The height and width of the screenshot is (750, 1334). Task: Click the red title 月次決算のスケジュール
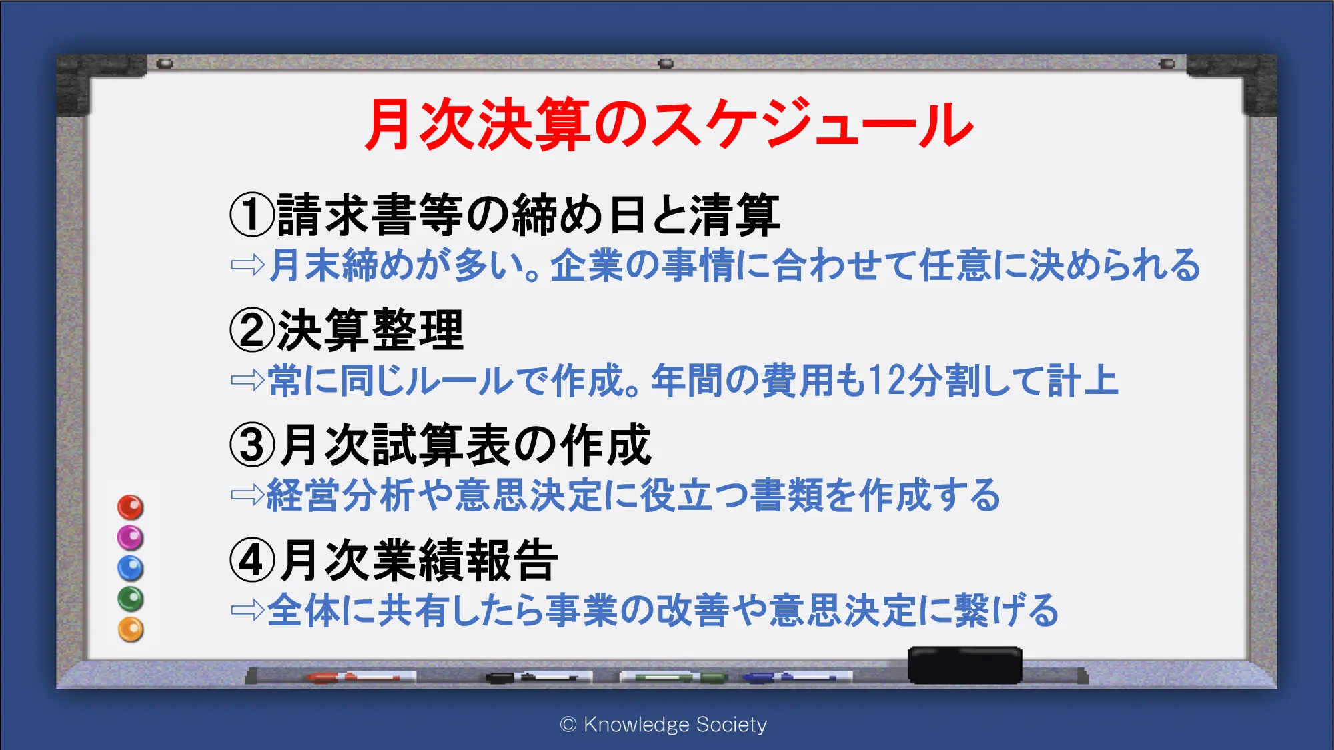(x=669, y=124)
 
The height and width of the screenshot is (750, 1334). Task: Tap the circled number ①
(x=252, y=215)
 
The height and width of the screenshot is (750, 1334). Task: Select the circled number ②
(x=252, y=330)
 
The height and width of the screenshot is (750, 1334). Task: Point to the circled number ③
(x=252, y=445)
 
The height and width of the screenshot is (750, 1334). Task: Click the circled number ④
(x=252, y=561)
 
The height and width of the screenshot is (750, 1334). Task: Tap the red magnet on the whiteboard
(x=131, y=507)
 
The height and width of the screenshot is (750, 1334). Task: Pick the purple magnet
(x=131, y=538)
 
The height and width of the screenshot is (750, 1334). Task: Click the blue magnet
(x=131, y=569)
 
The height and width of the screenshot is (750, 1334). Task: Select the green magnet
(x=131, y=599)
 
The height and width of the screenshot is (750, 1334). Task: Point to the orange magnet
(x=131, y=630)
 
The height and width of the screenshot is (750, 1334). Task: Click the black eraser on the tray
(x=965, y=665)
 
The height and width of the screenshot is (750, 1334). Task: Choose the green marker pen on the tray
(x=674, y=677)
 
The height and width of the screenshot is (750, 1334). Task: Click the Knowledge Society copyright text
(x=664, y=725)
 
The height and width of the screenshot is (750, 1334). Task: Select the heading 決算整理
(x=370, y=330)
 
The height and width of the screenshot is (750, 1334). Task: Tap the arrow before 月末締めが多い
(x=248, y=265)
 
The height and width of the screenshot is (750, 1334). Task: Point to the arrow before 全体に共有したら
(x=248, y=609)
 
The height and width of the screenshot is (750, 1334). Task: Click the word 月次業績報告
(x=418, y=561)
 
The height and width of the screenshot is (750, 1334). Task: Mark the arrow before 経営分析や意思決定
(x=248, y=495)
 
